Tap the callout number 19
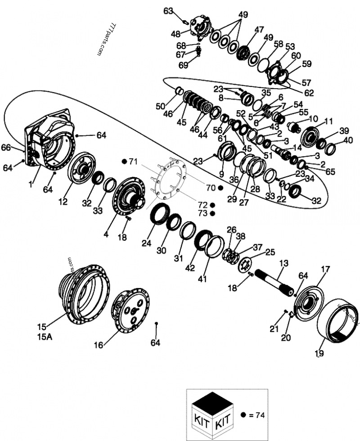319,354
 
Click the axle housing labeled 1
49,139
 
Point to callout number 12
63,202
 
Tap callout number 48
175,33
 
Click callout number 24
147,243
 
